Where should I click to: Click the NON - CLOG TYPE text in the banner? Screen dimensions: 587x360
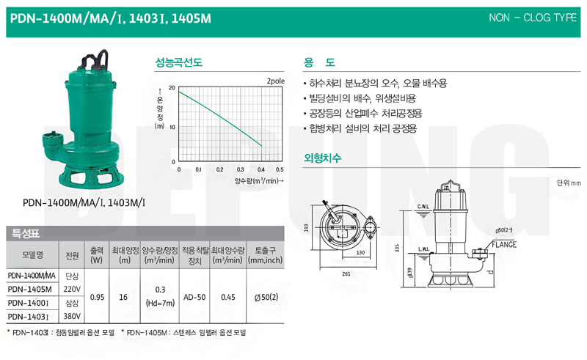click(533, 18)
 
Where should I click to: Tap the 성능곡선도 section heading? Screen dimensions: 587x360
click(178, 62)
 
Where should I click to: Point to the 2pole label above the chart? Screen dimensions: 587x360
click(276, 81)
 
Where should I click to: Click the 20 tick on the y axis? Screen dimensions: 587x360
click(172, 88)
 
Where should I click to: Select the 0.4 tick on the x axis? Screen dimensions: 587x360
click(261, 169)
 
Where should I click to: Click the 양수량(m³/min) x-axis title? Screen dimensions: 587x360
click(259, 181)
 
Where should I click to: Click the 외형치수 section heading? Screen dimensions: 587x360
click(322, 158)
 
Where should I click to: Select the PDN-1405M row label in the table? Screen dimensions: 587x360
click(29, 289)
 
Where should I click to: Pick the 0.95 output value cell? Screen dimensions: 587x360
click(97, 297)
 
